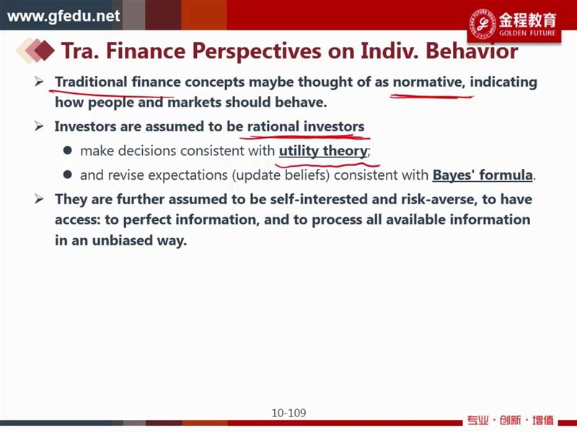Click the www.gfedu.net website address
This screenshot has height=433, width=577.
(x=63, y=16)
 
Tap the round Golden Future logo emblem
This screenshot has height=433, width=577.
(x=483, y=24)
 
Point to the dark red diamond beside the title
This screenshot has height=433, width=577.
(x=44, y=51)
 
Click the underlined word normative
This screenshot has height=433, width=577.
(x=427, y=82)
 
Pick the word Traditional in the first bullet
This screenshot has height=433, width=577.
(x=91, y=82)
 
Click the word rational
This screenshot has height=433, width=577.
(x=273, y=126)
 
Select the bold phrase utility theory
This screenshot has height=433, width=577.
(x=323, y=151)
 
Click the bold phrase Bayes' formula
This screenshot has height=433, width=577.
(x=483, y=175)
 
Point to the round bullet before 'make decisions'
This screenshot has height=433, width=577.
(x=67, y=150)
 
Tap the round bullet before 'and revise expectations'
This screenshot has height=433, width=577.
(x=67, y=175)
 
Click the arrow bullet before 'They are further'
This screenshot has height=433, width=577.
(x=39, y=199)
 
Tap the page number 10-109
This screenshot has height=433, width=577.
(x=289, y=413)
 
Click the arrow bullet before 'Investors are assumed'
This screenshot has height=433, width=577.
(x=39, y=126)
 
